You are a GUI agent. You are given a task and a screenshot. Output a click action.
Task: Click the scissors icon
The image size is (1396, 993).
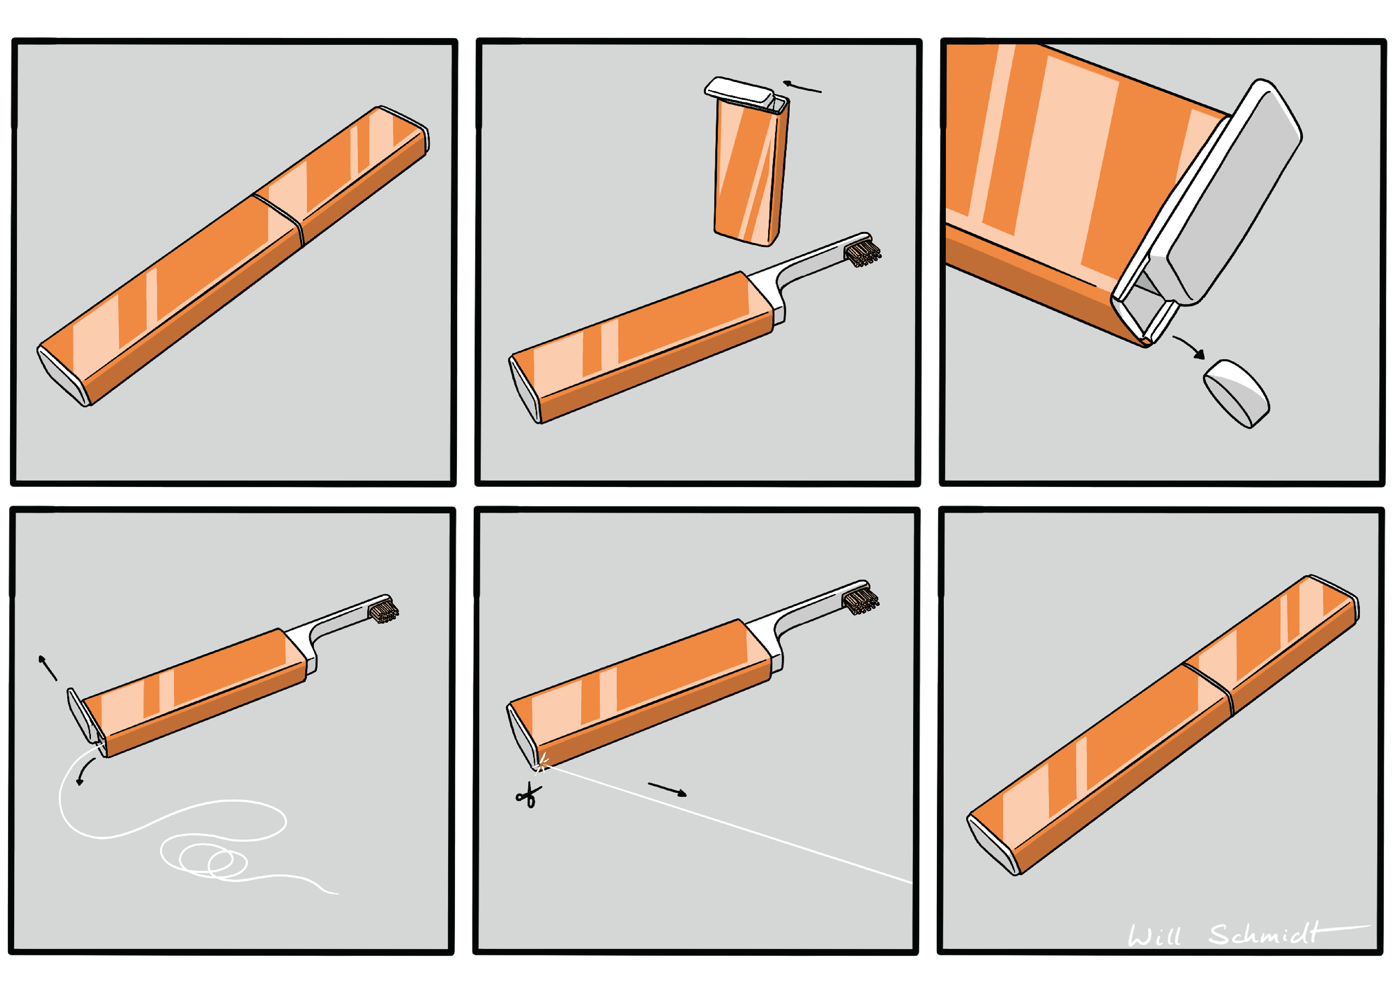coord(528,795)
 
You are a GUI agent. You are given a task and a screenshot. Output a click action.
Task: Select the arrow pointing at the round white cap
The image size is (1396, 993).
coord(1189,346)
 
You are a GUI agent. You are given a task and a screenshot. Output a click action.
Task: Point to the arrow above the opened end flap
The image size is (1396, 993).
coord(48,667)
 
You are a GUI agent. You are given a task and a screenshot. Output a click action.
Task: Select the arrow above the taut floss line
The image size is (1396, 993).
coord(667,790)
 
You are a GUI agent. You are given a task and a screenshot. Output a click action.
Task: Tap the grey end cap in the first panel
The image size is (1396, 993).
coord(63,377)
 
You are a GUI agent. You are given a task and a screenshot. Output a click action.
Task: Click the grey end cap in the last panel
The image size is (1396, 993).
coord(993,845)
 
